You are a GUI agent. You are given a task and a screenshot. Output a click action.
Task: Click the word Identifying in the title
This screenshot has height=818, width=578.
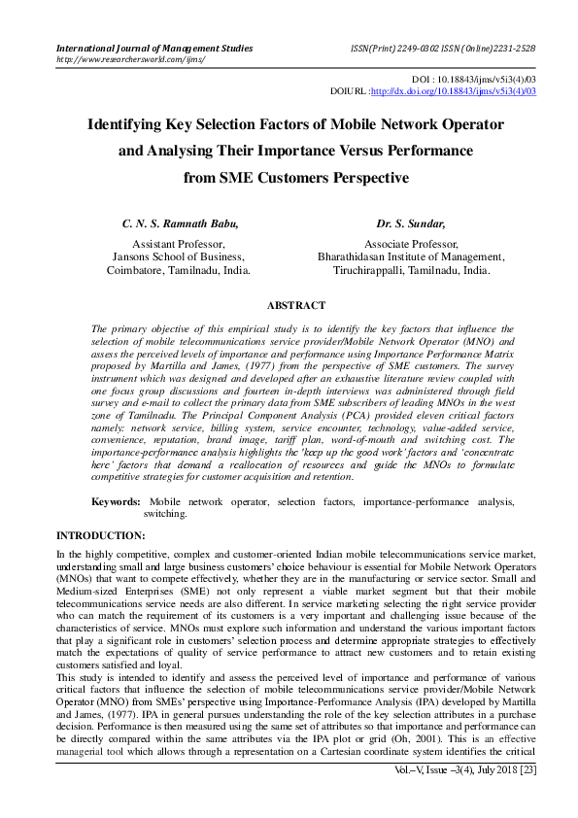pos(134,125)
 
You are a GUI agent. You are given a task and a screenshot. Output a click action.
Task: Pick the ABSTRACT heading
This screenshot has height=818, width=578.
pos(289,304)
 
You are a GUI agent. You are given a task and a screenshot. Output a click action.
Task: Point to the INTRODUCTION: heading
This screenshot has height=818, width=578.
pos(101,536)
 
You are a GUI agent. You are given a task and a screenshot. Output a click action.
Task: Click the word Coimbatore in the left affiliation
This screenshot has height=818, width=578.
pos(139,271)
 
